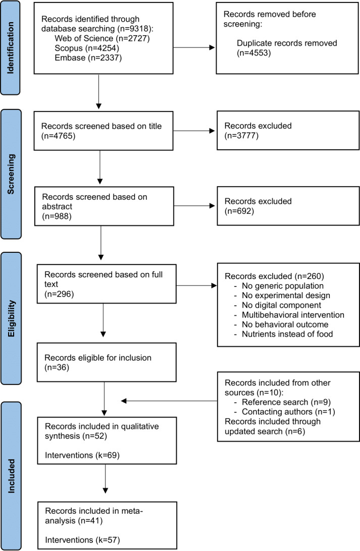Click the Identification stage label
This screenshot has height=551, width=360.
tap(11, 48)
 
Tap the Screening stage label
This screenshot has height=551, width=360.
tap(11, 174)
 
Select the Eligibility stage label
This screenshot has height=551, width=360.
tap(11, 318)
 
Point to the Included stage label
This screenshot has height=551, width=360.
tap(11, 476)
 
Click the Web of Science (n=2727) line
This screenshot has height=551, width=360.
tap(102, 38)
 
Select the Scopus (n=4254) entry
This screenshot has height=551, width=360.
tap(87, 48)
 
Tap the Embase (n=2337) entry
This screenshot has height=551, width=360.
tap(88, 58)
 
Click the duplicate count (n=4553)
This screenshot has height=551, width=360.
tap(254, 52)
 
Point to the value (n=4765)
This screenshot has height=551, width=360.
tap(59, 136)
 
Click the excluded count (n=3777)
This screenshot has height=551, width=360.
tap(241, 136)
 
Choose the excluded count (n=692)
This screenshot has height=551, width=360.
tap(239, 211)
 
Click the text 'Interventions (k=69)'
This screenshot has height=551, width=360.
tap(82, 456)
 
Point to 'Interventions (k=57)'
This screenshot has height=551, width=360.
tap(83, 540)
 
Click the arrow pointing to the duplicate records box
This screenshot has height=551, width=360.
tap(194, 47)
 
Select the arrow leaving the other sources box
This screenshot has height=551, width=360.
tap(169, 401)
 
